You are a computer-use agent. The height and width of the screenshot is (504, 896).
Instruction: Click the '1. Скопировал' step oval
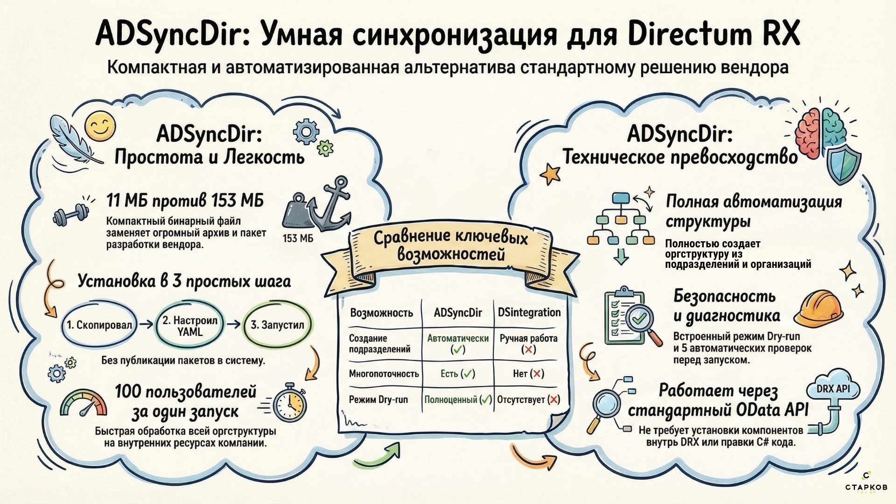coord(99,325)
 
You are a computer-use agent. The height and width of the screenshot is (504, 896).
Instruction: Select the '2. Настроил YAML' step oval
coord(189,326)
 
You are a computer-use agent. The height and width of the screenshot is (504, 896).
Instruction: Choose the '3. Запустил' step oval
coord(277,325)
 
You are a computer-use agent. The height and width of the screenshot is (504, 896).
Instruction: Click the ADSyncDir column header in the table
coord(457,313)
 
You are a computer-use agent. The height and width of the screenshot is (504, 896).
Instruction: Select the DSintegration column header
coord(529,312)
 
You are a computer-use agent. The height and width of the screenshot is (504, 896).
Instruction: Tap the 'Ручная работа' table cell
coord(528,343)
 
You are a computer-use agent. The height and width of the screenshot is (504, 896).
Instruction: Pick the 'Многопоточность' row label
coord(384,373)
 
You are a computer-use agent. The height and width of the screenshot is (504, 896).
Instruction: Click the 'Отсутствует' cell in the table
coord(528,399)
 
